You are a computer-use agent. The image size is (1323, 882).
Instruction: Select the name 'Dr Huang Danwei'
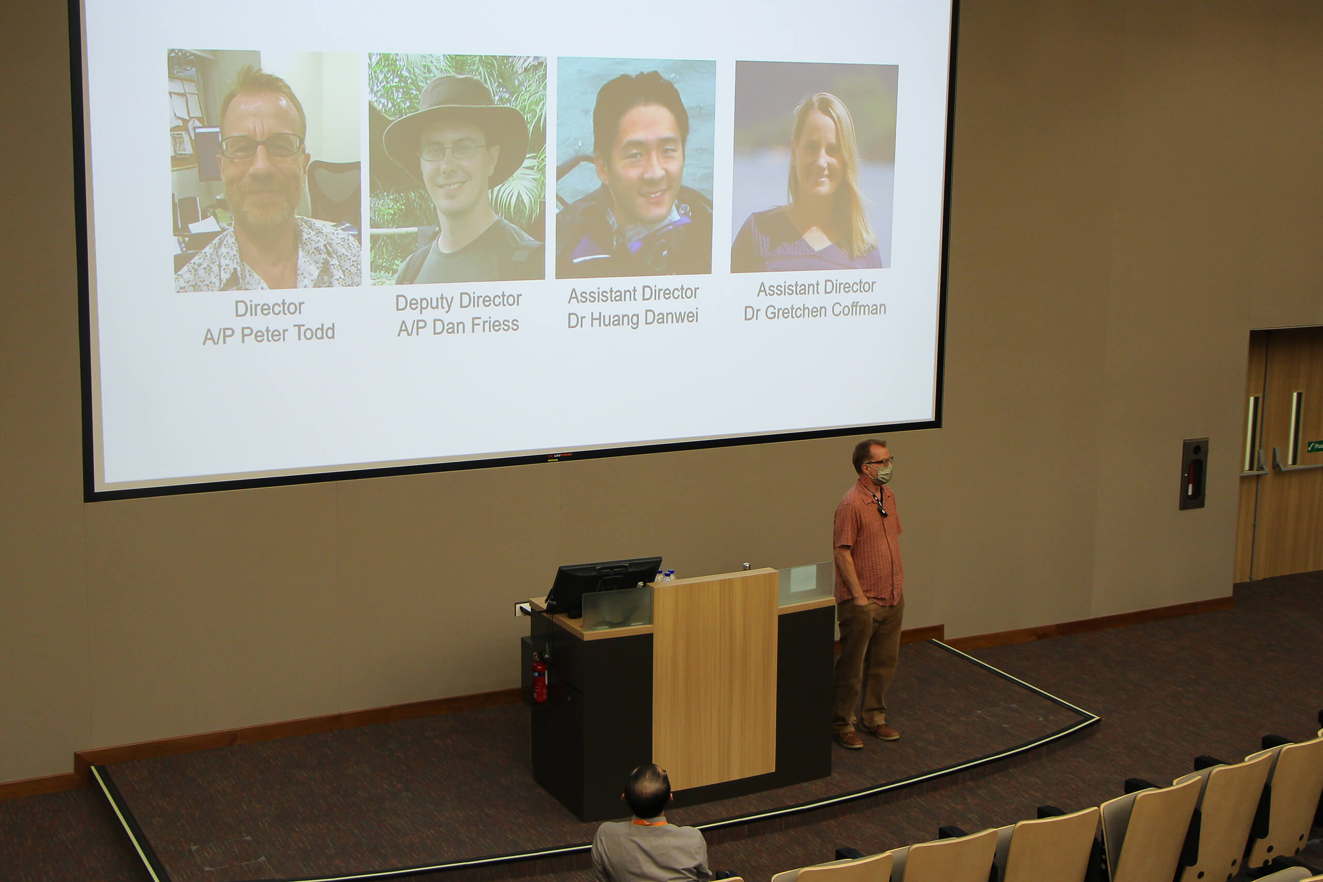[x=633, y=318]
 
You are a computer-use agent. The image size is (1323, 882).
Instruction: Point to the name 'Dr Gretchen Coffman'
[x=815, y=311]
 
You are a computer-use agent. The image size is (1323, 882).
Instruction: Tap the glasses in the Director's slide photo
[x=261, y=146]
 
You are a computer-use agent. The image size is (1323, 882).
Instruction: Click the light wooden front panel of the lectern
[x=714, y=679]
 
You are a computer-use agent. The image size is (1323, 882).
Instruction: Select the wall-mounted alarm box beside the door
[x=1193, y=474]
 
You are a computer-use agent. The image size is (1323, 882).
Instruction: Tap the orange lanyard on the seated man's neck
[x=650, y=822]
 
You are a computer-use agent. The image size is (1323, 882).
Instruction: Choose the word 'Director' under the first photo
[x=269, y=308]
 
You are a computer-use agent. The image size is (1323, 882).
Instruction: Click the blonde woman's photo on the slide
[x=814, y=166]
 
